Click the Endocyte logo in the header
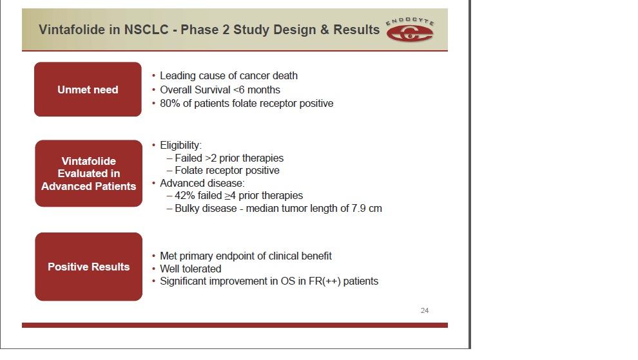pos(410,30)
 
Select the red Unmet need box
pos(88,90)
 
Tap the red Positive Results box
pos(89,267)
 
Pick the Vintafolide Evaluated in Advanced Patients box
pos(89,173)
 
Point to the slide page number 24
pos(425,310)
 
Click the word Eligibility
pos(180,145)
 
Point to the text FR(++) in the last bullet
pos(324,281)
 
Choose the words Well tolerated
pos(190,269)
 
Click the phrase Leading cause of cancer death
pos(229,75)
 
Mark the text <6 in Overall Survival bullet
pos(238,90)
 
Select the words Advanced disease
pos(202,183)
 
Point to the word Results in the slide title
pos(356,30)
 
